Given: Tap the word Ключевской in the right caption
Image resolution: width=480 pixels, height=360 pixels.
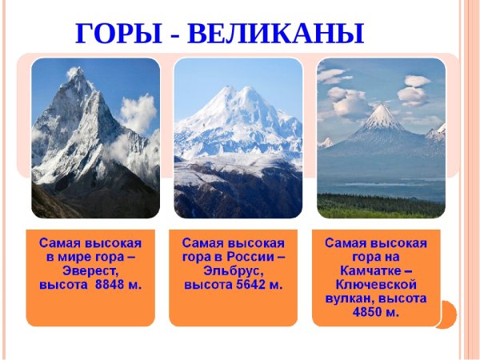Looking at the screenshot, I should point(375,285).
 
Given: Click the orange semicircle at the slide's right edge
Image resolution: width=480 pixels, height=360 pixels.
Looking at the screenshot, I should point(448,314).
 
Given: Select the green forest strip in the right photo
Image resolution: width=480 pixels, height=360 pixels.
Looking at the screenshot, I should point(381,206).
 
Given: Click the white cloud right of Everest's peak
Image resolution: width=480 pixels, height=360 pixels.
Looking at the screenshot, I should point(138,112).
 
